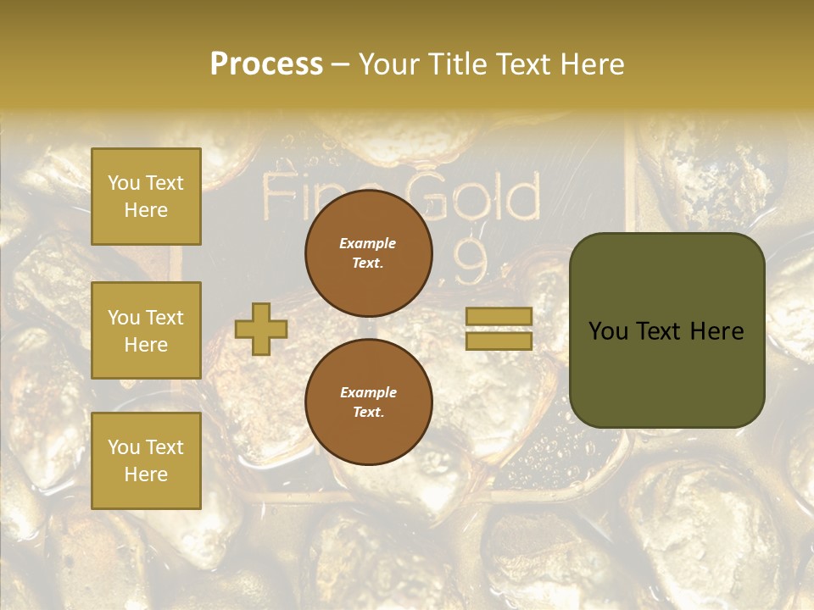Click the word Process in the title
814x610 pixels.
pyautogui.click(x=266, y=64)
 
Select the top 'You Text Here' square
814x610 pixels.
pyautogui.click(x=146, y=197)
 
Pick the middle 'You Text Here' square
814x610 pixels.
pyautogui.click(x=146, y=330)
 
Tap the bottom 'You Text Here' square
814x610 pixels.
pyautogui.click(x=146, y=460)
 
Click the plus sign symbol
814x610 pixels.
pyautogui.click(x=260, y=329)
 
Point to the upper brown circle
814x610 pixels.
pyautogui.click(x=368, y=253)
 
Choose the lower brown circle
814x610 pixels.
pyautogui.click(x=368, y=402)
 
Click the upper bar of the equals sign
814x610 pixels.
pyautogui.click(x=499, y=316)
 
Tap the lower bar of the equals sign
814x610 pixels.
pyautogui.click(x=499, y=341)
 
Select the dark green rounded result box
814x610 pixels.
pyautogui.click(x=666, y=330)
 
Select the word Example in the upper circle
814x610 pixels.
pyautogui.click(x=368, y=243)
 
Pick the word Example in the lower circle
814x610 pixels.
pyautogui.click(x=368, y=392)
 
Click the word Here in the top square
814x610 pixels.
pyautogui.click(x=146, y=210)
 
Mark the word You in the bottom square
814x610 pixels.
pyautogui.click(x=123, y=447)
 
